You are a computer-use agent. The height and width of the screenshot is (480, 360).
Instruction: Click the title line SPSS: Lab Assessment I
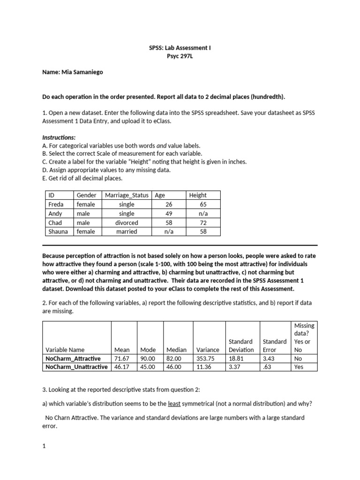[x=180, y=48]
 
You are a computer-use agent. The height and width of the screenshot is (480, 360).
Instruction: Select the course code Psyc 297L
[x=180, y=56]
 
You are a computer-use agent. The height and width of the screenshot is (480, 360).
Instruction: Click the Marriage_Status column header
[x=127, y=195]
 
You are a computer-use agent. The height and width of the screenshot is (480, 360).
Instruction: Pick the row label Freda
[x=56, y=204]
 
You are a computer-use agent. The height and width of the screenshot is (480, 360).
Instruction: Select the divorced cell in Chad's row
[x=127, y=223]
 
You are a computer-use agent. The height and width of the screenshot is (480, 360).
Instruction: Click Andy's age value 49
[x=169, y=214]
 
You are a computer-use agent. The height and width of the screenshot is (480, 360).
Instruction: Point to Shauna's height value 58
[x=203, y=232]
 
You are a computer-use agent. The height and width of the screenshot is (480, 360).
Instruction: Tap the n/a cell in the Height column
[x=203, y=214]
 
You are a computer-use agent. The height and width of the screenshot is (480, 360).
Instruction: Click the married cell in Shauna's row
[x=127, y=232]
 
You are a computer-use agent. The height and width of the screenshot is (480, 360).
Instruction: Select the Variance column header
[x=207, y=350]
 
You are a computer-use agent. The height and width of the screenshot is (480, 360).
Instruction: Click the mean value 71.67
[x=122, y=359]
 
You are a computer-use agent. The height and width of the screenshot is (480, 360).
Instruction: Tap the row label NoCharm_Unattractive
[x=76, y=367]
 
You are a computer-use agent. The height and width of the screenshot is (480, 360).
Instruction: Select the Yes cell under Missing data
[x=299, y=367]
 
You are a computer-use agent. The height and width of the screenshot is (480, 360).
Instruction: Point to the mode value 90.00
[x=148, y=359]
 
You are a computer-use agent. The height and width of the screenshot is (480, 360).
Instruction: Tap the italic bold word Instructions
[x=59, y=138]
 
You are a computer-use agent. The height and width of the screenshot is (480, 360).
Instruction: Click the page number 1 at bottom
[x=44, y=447]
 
